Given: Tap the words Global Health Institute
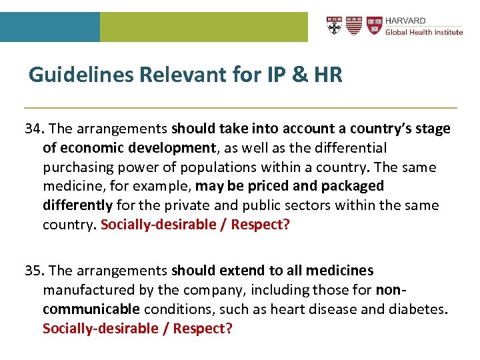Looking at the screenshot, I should (x=424, y=32).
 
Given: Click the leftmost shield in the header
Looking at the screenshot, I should (x=334, y=26).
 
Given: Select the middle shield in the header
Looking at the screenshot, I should (x=354, y=26).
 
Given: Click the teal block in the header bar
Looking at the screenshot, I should (x=50, y=27).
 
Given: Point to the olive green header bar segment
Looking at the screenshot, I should (x=203, y=27).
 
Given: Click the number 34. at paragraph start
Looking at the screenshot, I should (x=35, y=128).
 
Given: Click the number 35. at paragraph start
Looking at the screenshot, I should (x=35, y=271).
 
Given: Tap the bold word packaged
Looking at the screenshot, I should (x=352, y=185).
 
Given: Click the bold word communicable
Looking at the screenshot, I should (x=91, y=309).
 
